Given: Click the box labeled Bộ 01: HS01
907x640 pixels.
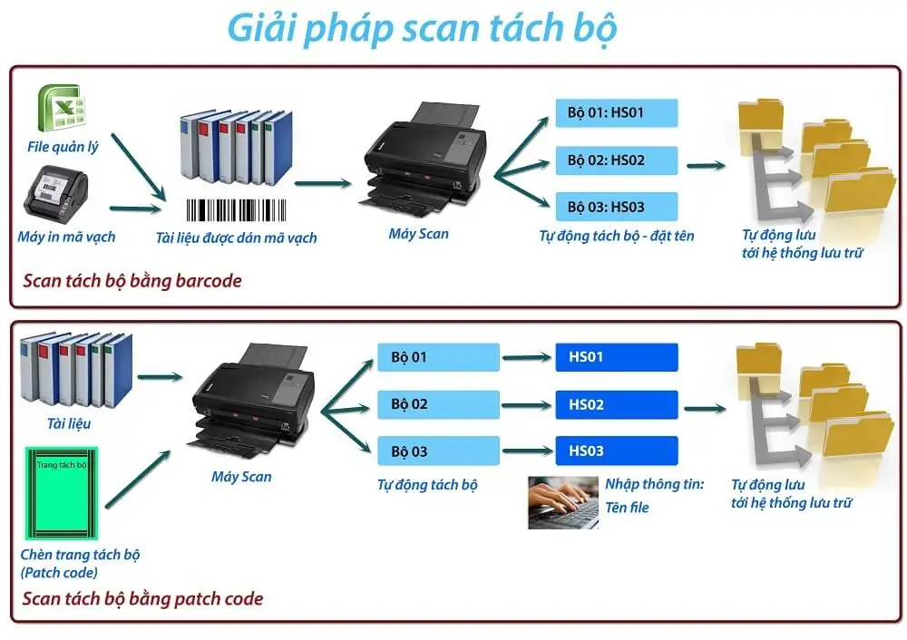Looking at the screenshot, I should (616, 113).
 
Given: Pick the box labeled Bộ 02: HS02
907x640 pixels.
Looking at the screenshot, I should (616, 160).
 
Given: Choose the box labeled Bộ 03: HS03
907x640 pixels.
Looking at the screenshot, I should (616, 207).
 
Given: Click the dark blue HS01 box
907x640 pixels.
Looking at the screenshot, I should (616, 357).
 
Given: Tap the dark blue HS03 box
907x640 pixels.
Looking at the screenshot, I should (616, 451).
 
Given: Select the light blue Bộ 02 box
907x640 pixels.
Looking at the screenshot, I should (438, 404).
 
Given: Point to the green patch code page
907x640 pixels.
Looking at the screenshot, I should (62, 494).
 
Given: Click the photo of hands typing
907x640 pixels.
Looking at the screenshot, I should (563, 501).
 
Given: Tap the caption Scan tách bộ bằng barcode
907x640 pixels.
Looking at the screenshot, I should (132, 281).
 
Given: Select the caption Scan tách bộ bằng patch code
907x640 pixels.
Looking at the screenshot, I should (142, 598).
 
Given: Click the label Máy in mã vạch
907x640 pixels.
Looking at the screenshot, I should (66, 237).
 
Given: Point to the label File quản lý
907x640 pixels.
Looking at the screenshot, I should (63, 147).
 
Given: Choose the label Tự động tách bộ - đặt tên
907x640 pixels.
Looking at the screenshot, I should (616, 236).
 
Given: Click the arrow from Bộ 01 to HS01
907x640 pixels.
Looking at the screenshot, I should (527, 358).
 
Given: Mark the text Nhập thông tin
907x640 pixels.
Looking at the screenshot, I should (654, 484).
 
